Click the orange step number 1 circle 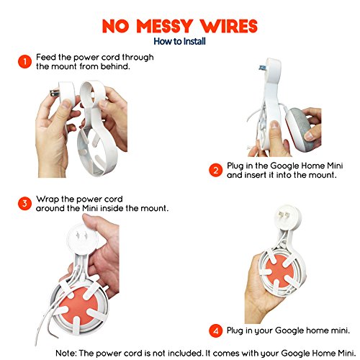point(24,63)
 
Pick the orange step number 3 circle point(24,204)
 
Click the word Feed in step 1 point(48,58)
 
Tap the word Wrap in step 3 point(49,199)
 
